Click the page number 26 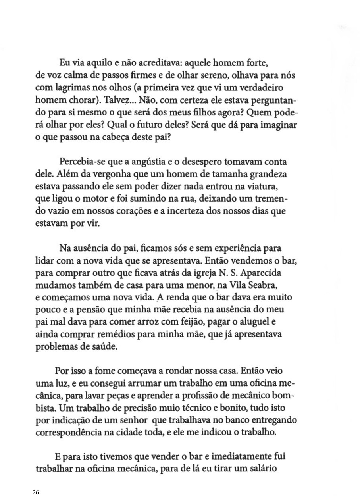point(36,492)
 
